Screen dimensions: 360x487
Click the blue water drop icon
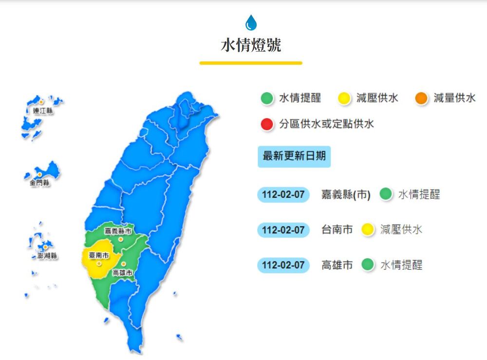(251, 22)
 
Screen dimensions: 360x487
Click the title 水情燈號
(251, 45)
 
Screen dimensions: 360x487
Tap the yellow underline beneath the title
(251, 63)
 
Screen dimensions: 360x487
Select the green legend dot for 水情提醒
(267, 98)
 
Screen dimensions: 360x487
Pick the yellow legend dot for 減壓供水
(344, 98)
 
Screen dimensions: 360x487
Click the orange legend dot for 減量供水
(422, 98)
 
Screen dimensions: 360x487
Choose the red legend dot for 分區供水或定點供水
(267, 124)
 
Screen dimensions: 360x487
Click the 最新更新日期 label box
(294, 157)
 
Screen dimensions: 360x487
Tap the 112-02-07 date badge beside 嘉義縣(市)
(283, 195)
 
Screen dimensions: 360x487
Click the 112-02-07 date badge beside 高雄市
(283, 265)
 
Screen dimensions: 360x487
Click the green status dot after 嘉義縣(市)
(386, 195)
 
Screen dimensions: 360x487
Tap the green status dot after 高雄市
(368, 265)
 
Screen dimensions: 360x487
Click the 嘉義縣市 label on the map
(118, 231)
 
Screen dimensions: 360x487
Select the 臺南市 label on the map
(99, 255)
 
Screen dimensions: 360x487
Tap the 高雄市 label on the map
(122, 273)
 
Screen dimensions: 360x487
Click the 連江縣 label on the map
(43, 111)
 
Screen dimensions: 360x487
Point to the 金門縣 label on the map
(39, 183)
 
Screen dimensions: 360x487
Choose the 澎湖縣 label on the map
(47, 256)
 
